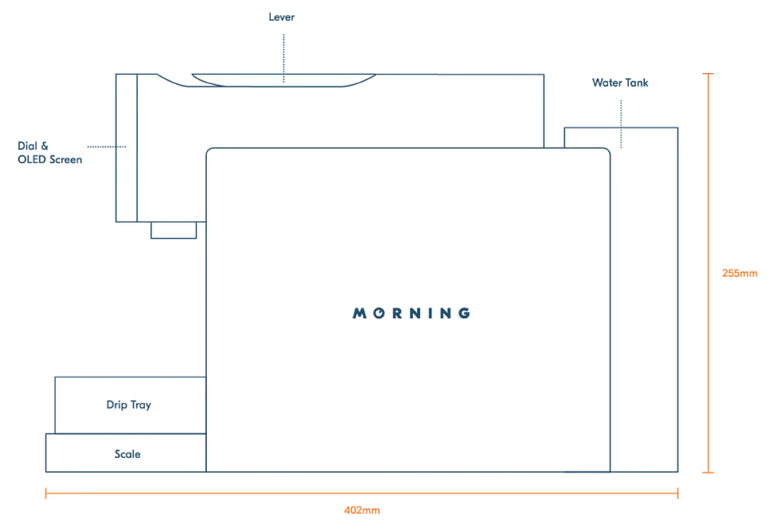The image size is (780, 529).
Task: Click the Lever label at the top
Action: tap(282, 16)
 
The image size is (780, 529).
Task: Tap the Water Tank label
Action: tap(620, 82)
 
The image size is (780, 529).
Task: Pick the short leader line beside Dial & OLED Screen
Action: tap(107, 146)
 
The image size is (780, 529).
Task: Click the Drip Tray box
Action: tap(128, 405)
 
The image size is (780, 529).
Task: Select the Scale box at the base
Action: tap(126, 453)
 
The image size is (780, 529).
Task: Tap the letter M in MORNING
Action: tap(358, 314)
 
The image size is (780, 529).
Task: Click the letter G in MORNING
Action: tap(465, 314)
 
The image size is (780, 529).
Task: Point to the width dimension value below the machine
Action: tap(362, 511)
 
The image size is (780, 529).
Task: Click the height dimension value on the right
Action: tap(739, 273)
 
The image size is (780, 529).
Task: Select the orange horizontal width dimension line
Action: tap(273, 493)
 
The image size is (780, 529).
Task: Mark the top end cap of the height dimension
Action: tap(708, 74)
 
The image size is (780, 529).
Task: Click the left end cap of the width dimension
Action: tap(46, 493)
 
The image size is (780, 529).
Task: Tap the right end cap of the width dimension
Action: tap(678, 493)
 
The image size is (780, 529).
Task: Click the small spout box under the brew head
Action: tap(173, 230)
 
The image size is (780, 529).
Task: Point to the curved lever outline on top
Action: tap(282, 83)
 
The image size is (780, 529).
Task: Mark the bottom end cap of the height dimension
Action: tap(708, 472)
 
